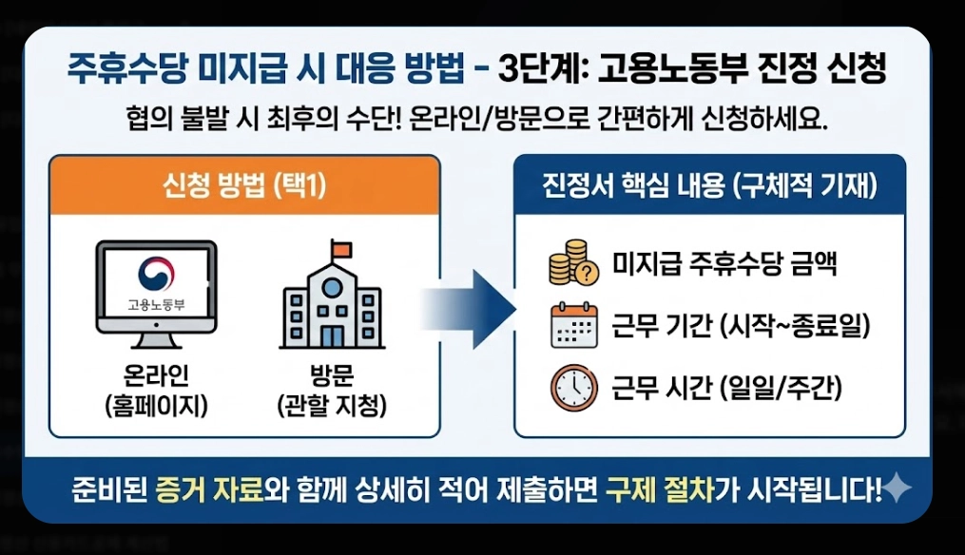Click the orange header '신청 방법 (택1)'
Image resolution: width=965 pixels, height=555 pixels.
244,185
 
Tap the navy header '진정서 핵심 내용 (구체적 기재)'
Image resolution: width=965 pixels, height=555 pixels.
709,185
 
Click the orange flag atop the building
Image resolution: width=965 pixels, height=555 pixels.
339,249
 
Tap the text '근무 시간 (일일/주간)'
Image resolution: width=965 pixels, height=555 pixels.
727,388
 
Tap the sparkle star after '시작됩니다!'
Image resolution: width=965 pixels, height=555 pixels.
897,489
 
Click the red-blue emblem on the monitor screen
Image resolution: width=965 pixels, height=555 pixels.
156,274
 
